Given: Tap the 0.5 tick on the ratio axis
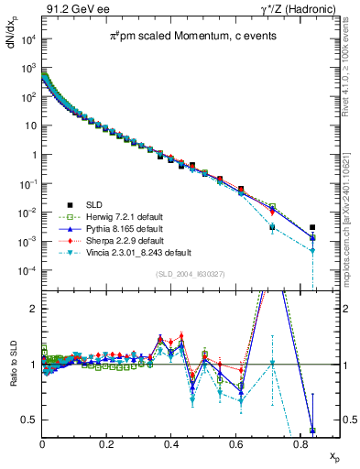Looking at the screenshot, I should pyautogui.click(x=31, y=420).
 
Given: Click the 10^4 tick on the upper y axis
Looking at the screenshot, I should pyautogui.click(x=28, y=38).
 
